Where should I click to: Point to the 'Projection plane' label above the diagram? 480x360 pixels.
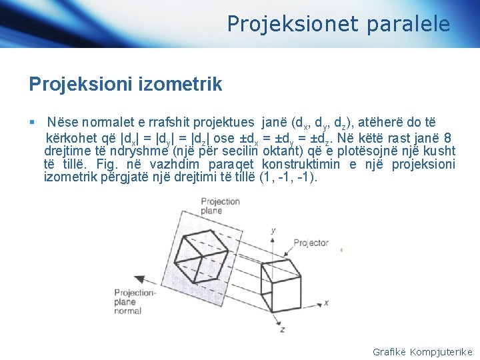(x=220, y=205)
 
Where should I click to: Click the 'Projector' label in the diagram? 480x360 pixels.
(x=311, y=243)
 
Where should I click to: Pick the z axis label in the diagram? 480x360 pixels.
(x=282, y=329)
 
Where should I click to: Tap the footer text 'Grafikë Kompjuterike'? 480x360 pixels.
(x=422, y=351)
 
